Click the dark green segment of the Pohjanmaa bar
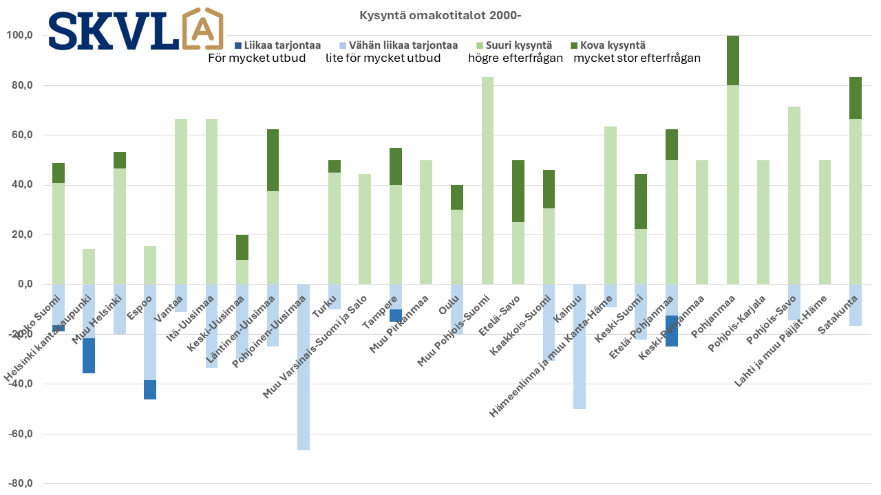[x=733, y=60]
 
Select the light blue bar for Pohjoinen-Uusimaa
[x=303, y=367]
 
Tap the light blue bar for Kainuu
[x=580, y=346]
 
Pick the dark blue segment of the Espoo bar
[x=150, y=390]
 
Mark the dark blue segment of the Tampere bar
[x=396, y=316]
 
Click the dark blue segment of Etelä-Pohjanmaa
[x=672, y=331]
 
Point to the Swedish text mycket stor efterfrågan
[x=637, y=58]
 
